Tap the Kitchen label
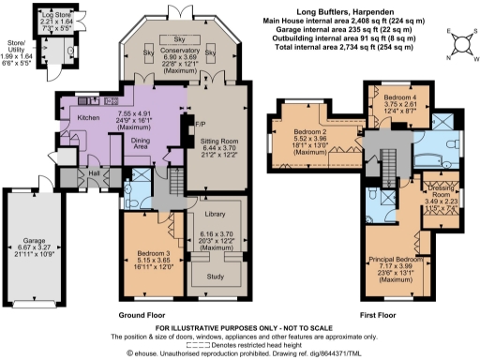coord(88,118)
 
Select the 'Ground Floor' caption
coord(143,316)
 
